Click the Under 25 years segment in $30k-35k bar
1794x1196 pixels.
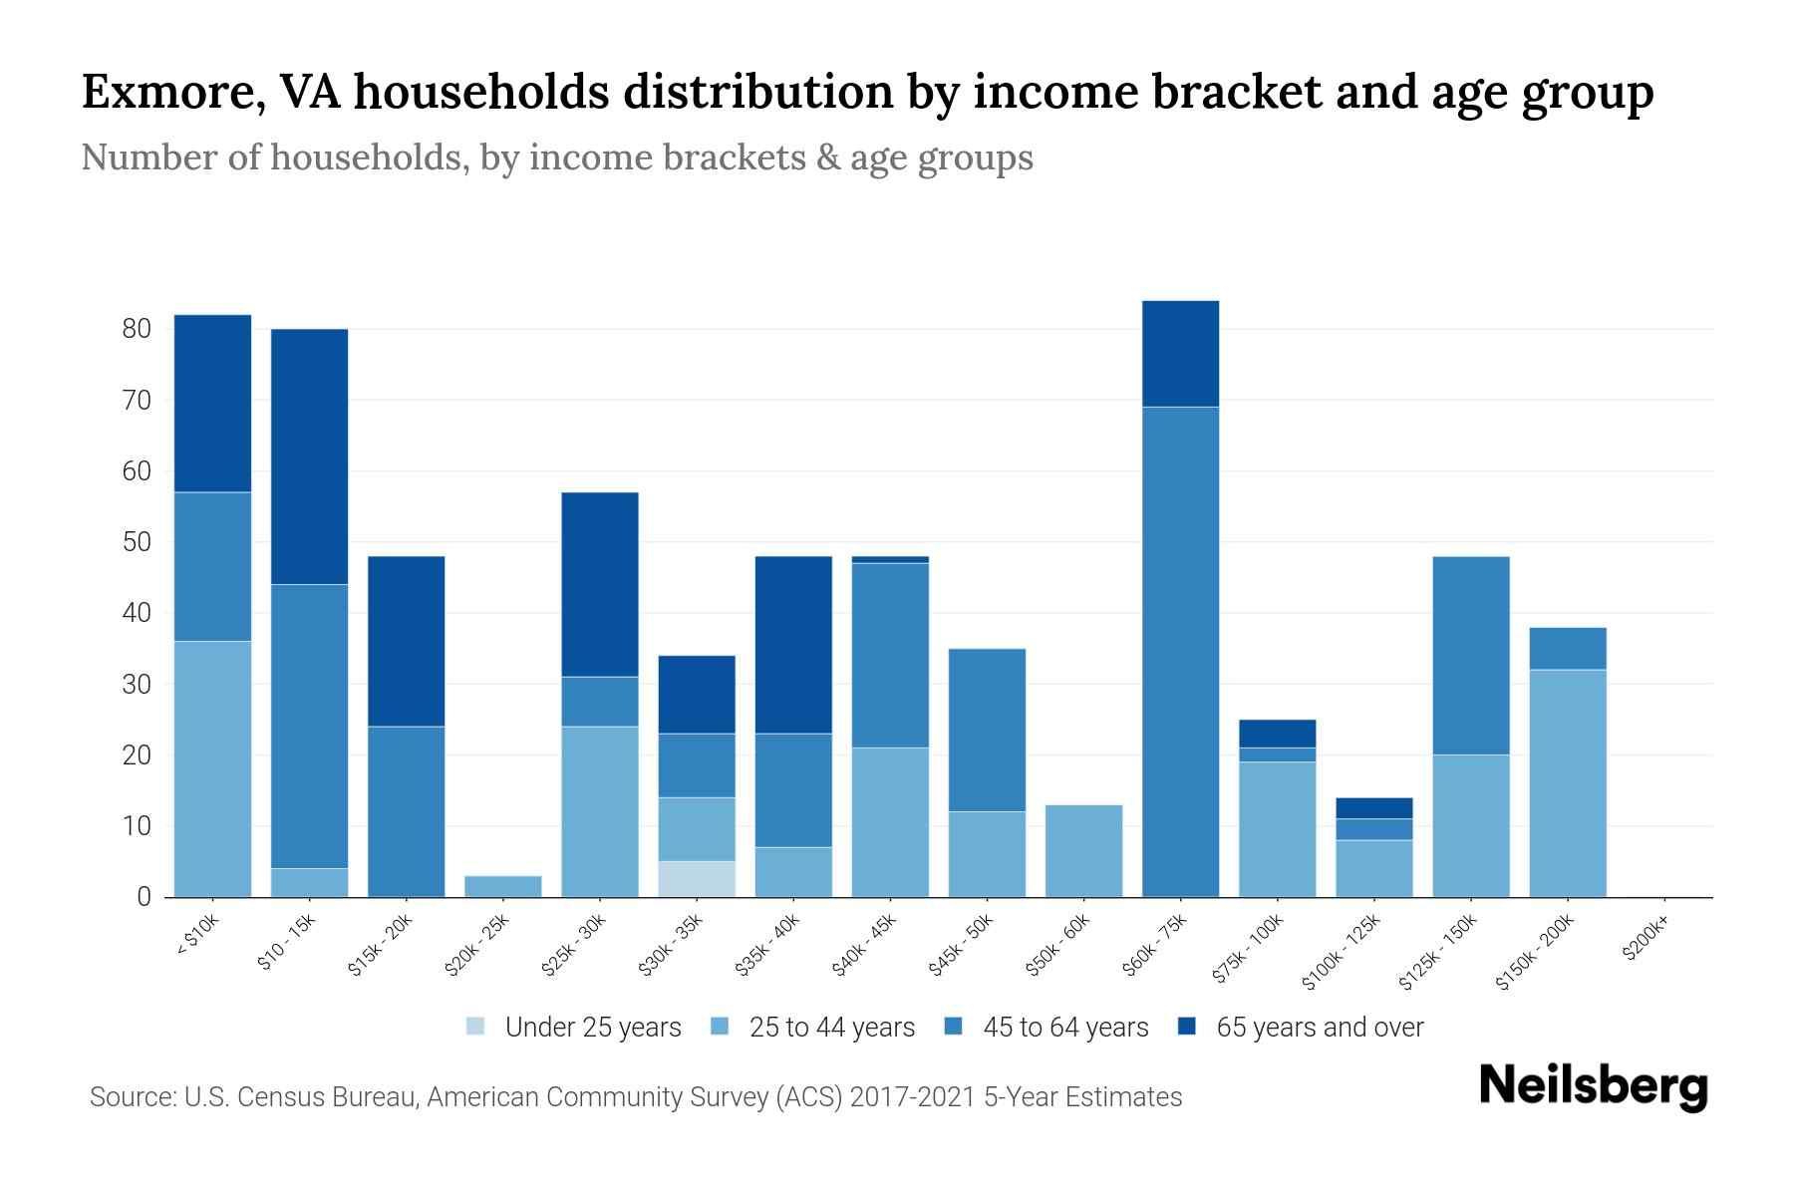pyautogui.click(x=697, y=879)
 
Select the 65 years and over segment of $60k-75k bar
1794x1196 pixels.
pyautogui.click(x=1180, y=354)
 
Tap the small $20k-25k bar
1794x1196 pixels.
pyautogui.click(x=503, y=886)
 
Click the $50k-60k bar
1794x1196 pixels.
pyautogui.click(x=1083, y=851)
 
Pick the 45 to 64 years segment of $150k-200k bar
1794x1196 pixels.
pyautogui.click(x=1568, y=649)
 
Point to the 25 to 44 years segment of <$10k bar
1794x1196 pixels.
pyautogui.click(x=212, y=768)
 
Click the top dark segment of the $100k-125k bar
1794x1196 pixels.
pyautogui.click(x=1374, y=808)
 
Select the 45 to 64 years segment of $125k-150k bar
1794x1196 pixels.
pyautogui.click(x=1471, y=656)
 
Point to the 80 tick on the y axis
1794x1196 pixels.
pyautogui.click(x=136, y=329)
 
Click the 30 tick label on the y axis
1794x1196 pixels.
pyautogui.click(x=136, y=685)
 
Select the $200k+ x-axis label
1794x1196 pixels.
pyautogui.click(x=1646, y=940)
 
